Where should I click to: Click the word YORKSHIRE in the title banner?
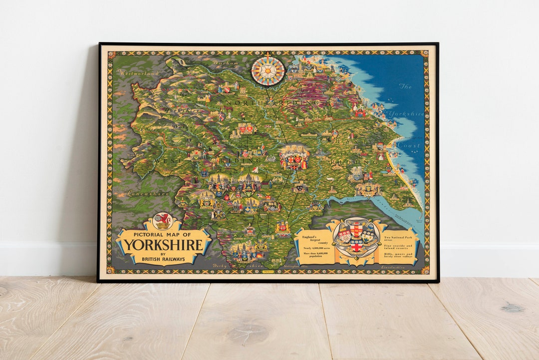(163, 245)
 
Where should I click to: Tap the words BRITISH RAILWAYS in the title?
(163, 259)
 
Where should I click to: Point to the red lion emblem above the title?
(163, 220)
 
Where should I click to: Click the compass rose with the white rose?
(268, 70)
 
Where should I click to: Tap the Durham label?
(222, 63)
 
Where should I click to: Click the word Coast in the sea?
(409, 146)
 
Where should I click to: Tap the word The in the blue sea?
(405, 86)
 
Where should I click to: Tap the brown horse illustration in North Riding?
(227, 108)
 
